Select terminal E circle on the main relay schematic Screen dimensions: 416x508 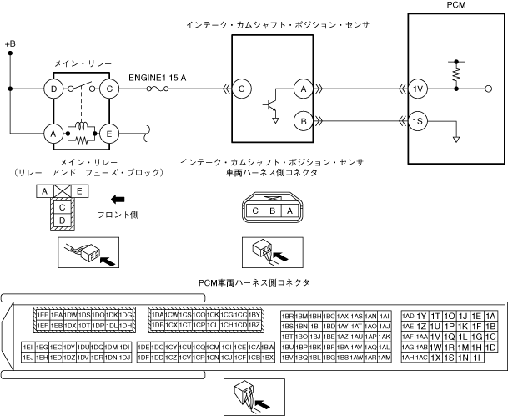(109, 131)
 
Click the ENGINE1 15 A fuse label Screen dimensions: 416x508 (158, 77)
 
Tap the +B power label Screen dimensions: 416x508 (10, 42)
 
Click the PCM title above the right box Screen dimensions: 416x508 (456, 6)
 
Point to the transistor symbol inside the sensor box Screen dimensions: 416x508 (269, 104)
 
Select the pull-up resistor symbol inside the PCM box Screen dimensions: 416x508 (457, 74)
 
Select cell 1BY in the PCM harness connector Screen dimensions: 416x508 (255, 314)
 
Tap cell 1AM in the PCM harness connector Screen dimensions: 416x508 (384, 357)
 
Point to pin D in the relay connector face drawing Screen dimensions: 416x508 (62, 219)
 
